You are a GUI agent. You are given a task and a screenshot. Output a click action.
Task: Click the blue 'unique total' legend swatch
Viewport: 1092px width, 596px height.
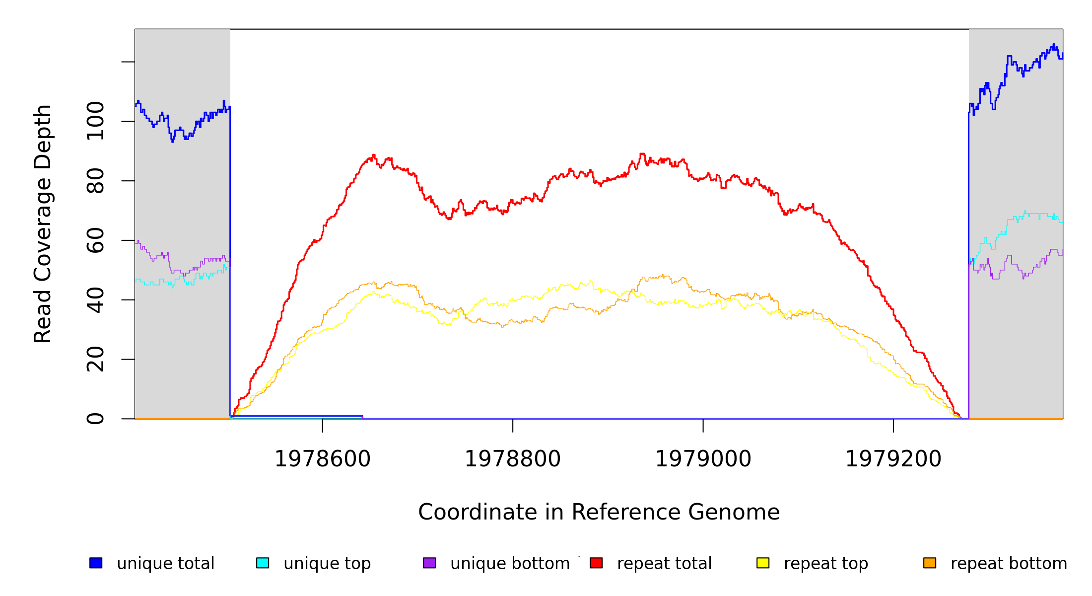(x=96, y=563)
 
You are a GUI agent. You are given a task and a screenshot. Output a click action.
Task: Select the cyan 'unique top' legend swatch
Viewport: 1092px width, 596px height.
(x=263, y=563)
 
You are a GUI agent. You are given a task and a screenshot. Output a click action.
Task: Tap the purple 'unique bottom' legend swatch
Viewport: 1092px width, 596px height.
(x=429, y=563)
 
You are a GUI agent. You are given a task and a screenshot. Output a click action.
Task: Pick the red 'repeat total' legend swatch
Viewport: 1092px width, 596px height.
(x=596, y=563)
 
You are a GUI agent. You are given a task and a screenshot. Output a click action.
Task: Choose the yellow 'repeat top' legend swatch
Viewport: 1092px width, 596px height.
(x=763, y=563)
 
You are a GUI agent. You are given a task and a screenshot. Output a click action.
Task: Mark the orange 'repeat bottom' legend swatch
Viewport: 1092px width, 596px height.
(x=930, y=563)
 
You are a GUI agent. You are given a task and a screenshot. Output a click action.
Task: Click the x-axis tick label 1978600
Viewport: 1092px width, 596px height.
(x=323, y=459)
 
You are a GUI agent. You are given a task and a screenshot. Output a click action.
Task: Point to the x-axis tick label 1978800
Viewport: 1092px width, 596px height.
(x=513, y=459)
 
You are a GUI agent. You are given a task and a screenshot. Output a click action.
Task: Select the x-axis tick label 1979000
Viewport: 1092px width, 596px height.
(x=703, y=459)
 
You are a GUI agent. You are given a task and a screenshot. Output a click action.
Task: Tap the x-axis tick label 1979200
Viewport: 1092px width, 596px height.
(x=893, y=459)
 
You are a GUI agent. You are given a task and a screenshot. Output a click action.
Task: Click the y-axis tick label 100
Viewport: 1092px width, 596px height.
(x=95, y=121)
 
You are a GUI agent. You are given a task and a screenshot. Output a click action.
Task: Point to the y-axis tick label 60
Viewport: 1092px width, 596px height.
(x=95, y=240)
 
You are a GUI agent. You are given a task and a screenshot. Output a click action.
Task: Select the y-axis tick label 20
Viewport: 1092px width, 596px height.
(x=95, y=359)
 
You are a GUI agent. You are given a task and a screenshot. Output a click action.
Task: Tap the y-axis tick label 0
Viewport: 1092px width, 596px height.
(x=95, y=419)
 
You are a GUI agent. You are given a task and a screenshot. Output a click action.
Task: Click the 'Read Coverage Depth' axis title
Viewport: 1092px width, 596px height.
(x=43, y=223)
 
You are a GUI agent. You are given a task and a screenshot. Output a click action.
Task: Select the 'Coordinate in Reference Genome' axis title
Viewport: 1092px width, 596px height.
(x=599, y=513)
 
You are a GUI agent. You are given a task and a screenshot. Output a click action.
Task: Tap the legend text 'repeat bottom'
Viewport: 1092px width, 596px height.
(x=1009, y=564)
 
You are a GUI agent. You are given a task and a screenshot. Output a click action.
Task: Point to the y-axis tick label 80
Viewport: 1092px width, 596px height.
(x=95, y=181)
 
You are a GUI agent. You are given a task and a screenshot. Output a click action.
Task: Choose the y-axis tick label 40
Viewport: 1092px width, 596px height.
(x=95, y=300)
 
